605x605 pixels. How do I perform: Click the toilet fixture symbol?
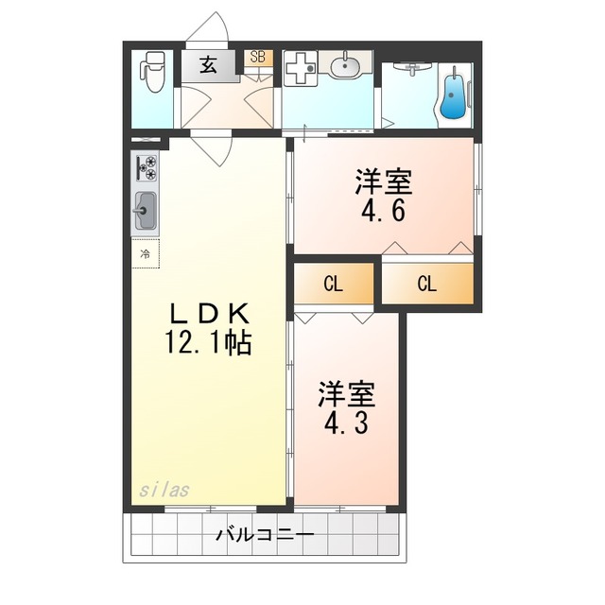(x=153, y=72)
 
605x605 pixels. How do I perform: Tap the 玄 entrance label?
(x=208, y=65)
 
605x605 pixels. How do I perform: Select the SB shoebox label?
(x=258, y=57)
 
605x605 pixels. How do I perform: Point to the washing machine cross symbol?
(x=301, y=68)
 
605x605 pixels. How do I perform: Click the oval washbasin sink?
(x=344, y=68)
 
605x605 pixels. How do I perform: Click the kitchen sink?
(x=145, y=211)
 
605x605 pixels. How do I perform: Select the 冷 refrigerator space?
(x=145, y=253)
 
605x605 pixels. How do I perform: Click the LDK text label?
(x=210, y=315)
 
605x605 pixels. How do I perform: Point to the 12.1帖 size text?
(x=208, y=342)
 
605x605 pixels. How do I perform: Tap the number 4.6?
(x=384, y=211)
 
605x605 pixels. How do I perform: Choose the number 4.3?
(x=346, y=423)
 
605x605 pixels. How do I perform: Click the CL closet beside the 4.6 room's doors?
(x=427, y=284)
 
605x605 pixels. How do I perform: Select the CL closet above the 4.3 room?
(x=334, y=284)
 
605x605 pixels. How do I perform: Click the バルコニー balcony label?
(x=265, y=535)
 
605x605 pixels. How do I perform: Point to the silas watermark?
(x=164, y=490)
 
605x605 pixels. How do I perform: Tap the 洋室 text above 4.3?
(x=347, y=395)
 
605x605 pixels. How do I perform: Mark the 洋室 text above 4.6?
(x=384, y=182)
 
